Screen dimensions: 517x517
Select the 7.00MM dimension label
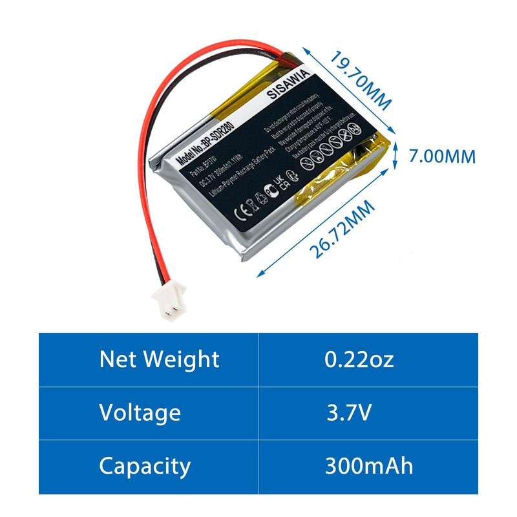click(x=443, y=156)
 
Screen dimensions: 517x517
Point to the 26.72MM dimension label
click(x=342, y=229)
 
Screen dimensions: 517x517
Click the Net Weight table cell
click(x=159, y=359)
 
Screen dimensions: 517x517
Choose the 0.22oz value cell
click(x=359, y=359)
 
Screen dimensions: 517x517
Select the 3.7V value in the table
click(x=349, y=412)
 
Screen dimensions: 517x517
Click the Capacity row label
click(x=145, y=465)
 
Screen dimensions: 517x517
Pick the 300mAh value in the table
click(x=369, y=465)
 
